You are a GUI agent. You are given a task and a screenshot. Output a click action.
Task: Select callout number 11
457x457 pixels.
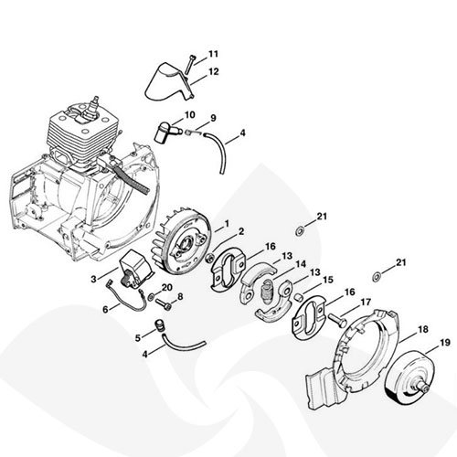[x=213, y=54]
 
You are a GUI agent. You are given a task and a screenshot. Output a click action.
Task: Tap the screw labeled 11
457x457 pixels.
[x=189, y=64]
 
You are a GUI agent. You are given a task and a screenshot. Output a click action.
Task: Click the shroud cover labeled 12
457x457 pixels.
[x=169, y=81]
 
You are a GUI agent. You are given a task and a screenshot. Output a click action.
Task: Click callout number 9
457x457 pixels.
[x=213, y=118]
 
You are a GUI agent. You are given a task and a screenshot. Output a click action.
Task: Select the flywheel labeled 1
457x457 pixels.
[x=181, y=243]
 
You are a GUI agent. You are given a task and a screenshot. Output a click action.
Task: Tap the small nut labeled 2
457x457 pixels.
[x=209, y=258]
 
